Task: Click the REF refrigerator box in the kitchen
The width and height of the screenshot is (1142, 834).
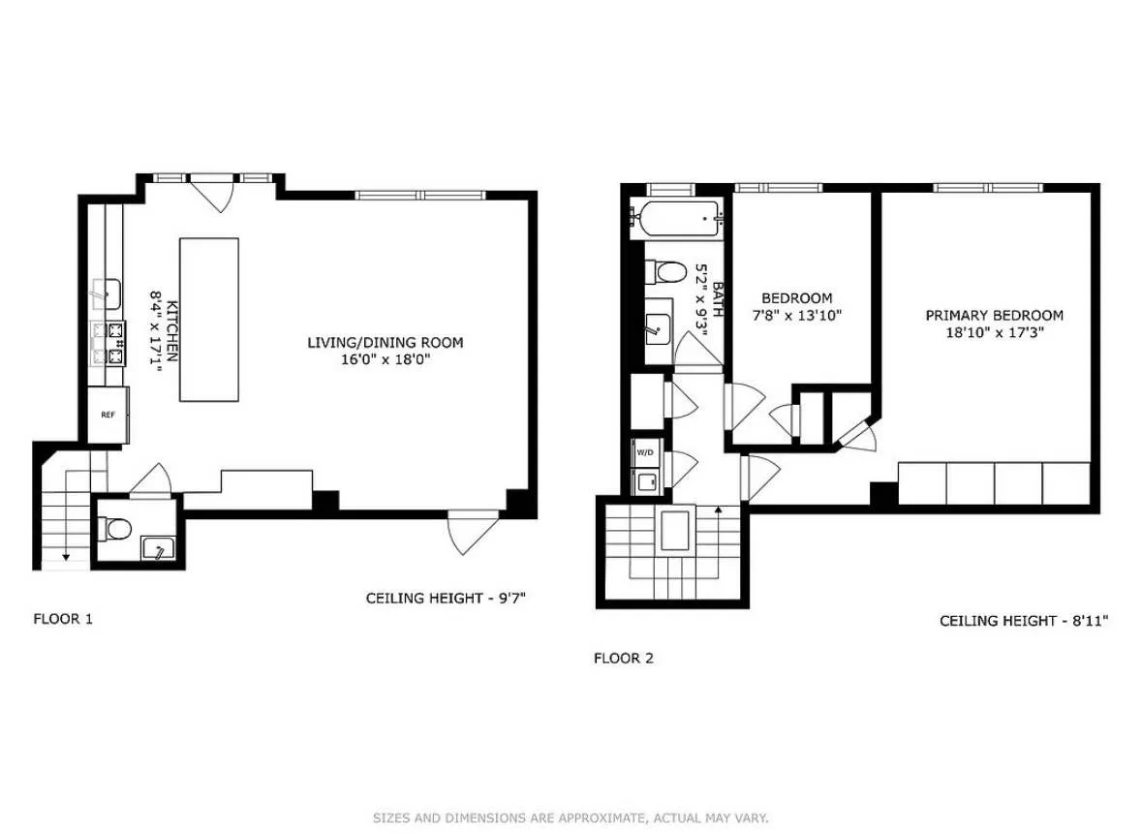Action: (x=108, y=415)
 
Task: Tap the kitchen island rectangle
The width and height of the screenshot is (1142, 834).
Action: (x=208, y=320)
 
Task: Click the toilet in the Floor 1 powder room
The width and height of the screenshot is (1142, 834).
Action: (x=115, y=529)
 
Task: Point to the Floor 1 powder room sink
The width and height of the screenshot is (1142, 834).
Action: (x=155, y=549)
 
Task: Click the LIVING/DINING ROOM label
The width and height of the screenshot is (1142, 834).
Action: (x=385, y=342)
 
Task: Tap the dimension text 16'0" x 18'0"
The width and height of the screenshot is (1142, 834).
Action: (x=385, y=359)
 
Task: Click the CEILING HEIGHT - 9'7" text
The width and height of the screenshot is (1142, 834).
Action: (x=445, y=598)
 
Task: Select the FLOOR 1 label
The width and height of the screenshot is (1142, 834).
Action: (x=63, y=618)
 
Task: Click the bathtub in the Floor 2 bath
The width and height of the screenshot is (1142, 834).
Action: (x=675, y=220)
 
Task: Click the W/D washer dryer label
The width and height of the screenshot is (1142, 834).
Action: (x=643, y=452)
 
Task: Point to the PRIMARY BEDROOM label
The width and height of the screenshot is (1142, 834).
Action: (x=994, y=315)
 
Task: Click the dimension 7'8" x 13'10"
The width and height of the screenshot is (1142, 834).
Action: (x=796, y=315)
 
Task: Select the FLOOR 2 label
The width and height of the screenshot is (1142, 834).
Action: (x=623, y=658)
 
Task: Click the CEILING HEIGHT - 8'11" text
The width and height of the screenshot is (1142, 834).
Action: (x=1024, y=620)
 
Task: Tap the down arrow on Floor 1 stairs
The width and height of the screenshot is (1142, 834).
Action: (x=64, y=555)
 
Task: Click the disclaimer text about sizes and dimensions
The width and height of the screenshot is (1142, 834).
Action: (x=571, y=819)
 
